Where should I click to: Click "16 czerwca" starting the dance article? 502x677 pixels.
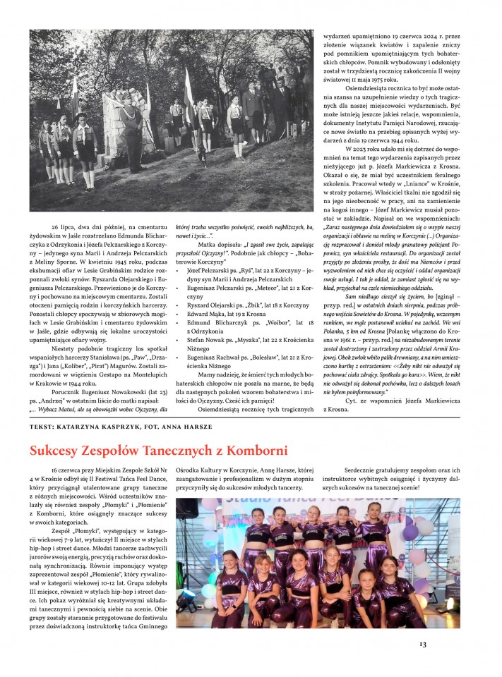68,470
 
